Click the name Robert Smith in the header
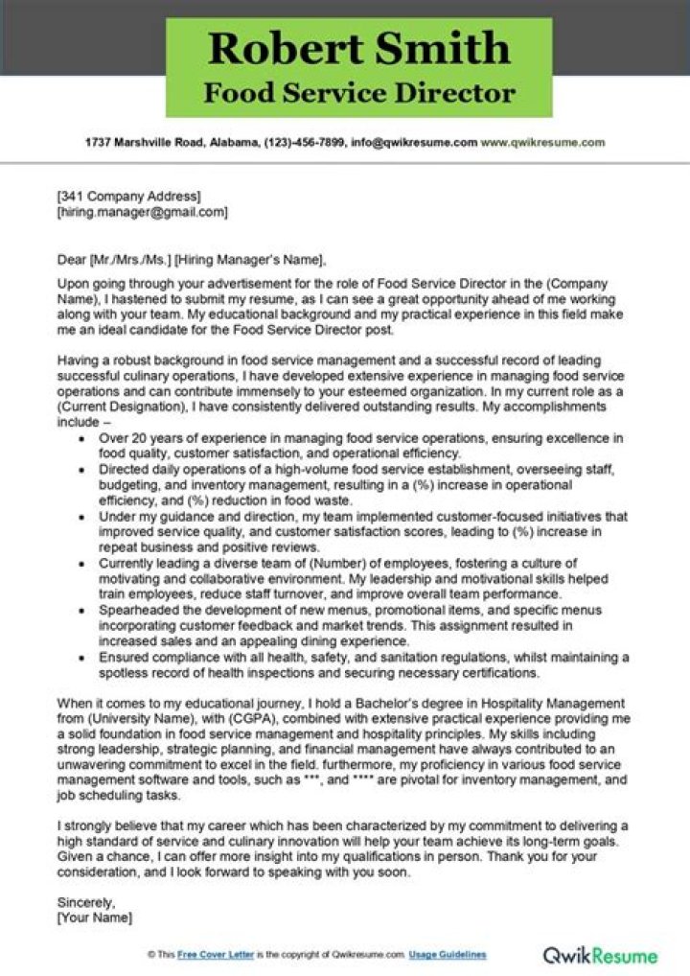pyautogui.click(x=359, y=48)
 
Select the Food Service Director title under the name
pyautogui.click(x=359, y=94)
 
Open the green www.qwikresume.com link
pyautogui.click(x=542, y=142)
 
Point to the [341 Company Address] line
pyautogui.click(x=128, y=197)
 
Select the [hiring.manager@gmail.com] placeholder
pyautogui.click(x=142, y=212)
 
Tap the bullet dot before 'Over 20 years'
pyautogui.click(x=81, y=438)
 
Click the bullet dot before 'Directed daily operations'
pyautogui.click(x=81, y=470)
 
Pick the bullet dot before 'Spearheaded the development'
pyautogui.click(x=81, y=611)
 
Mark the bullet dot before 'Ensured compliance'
pyautogui.click(x=81, y=658)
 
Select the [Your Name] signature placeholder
pyautogui.click(x=95, y=918)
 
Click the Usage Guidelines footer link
pyautogui.click(x=448, y=955)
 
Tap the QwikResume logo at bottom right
pyautogui.click(x=600, y=955)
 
